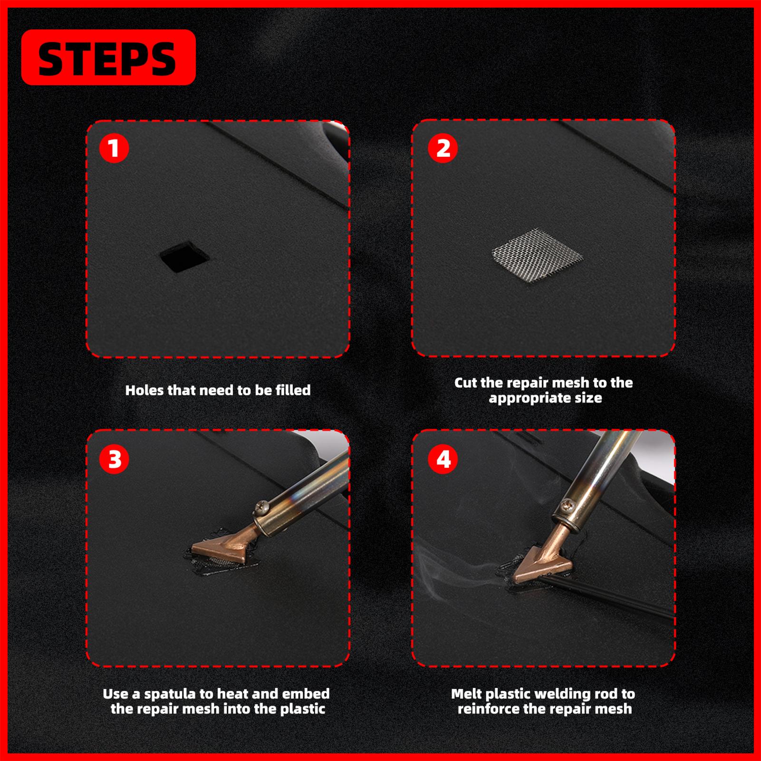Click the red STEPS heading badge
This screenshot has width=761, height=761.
tap(108, 58)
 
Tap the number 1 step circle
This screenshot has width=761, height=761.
tap(114, 148)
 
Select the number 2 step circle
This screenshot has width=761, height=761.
tap(443, 148)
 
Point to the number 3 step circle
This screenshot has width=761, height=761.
tap(114, 459)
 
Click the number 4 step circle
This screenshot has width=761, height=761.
tap(443, 459)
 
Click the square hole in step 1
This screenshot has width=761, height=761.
tap(184, 257)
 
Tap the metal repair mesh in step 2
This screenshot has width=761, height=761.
tap(538, 256)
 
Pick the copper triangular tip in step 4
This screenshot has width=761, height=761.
tap(541, 564)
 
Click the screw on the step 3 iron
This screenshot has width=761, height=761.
tap(262, 508)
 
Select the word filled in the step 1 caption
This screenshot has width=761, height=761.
tap(293, 390)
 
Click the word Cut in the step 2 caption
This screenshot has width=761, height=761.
tap(466, 383)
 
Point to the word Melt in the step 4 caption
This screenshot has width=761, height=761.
tap(466, 694)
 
